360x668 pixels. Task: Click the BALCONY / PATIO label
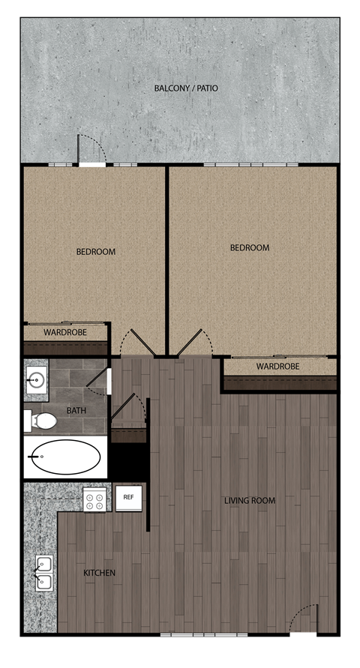[x=186, y=88]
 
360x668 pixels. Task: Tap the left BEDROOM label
[x=96, y=252]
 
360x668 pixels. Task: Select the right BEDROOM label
[x=249, y=248]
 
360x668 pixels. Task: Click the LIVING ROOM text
[x=250, y=501]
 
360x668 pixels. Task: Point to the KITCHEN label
[x=99, y=574]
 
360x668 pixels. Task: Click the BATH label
[x=76, y=411]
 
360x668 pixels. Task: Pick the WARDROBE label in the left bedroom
[x=65, y=332]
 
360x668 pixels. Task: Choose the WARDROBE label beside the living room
[x=277, y=367]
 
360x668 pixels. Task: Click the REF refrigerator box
[x=128, y=497]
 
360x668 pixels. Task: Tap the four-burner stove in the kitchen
[x=94, y=499]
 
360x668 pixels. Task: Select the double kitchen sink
[x=43, y=574]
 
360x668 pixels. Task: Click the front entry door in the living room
[x=303, y=621]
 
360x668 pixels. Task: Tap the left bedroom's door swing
[x=135, y=342]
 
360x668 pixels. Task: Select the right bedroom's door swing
[x=199, y=343]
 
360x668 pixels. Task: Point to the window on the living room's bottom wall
[x=193, y=635]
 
